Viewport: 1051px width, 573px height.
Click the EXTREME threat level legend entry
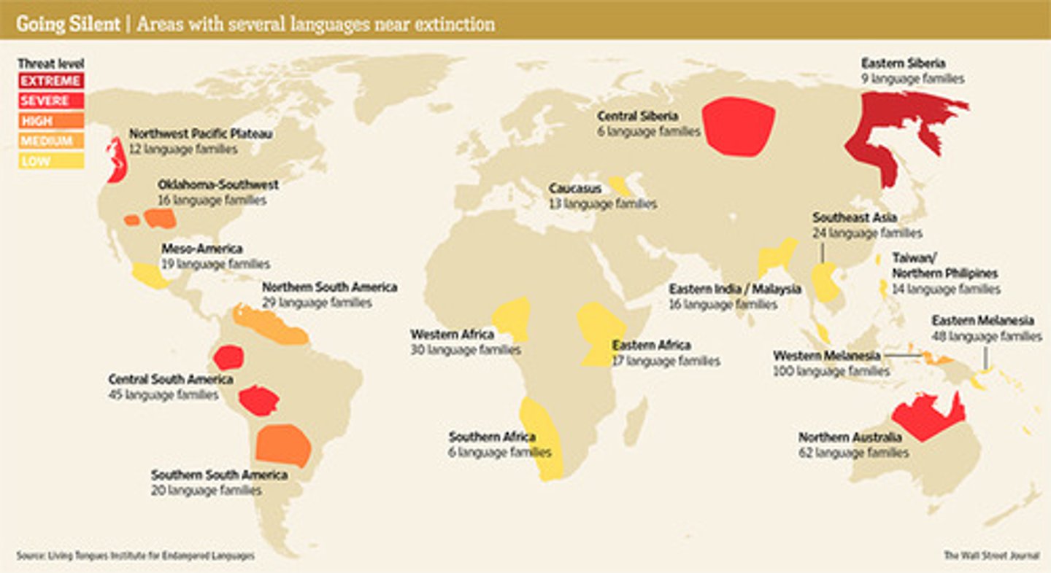tap(50, 80)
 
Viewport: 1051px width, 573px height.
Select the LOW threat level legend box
tap(50, 161)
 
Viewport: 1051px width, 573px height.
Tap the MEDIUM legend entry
tap(50, 141)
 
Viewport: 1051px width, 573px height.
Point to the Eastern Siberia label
tap(903, 63)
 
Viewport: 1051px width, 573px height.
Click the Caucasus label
tap(575, 189)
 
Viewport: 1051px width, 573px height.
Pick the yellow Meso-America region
tap(150, 276)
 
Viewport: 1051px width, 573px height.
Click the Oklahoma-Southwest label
tap(217, 185)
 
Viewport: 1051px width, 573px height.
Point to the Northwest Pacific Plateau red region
tap(115, 160)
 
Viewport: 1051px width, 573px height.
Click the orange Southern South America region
tap(283, 445)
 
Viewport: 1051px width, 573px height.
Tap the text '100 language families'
tap(831, 371)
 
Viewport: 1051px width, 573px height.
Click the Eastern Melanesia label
tap(982, 321)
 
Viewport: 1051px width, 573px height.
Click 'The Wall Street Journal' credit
tap(991, 556)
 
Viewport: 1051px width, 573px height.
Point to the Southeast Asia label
tap(855, 218)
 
